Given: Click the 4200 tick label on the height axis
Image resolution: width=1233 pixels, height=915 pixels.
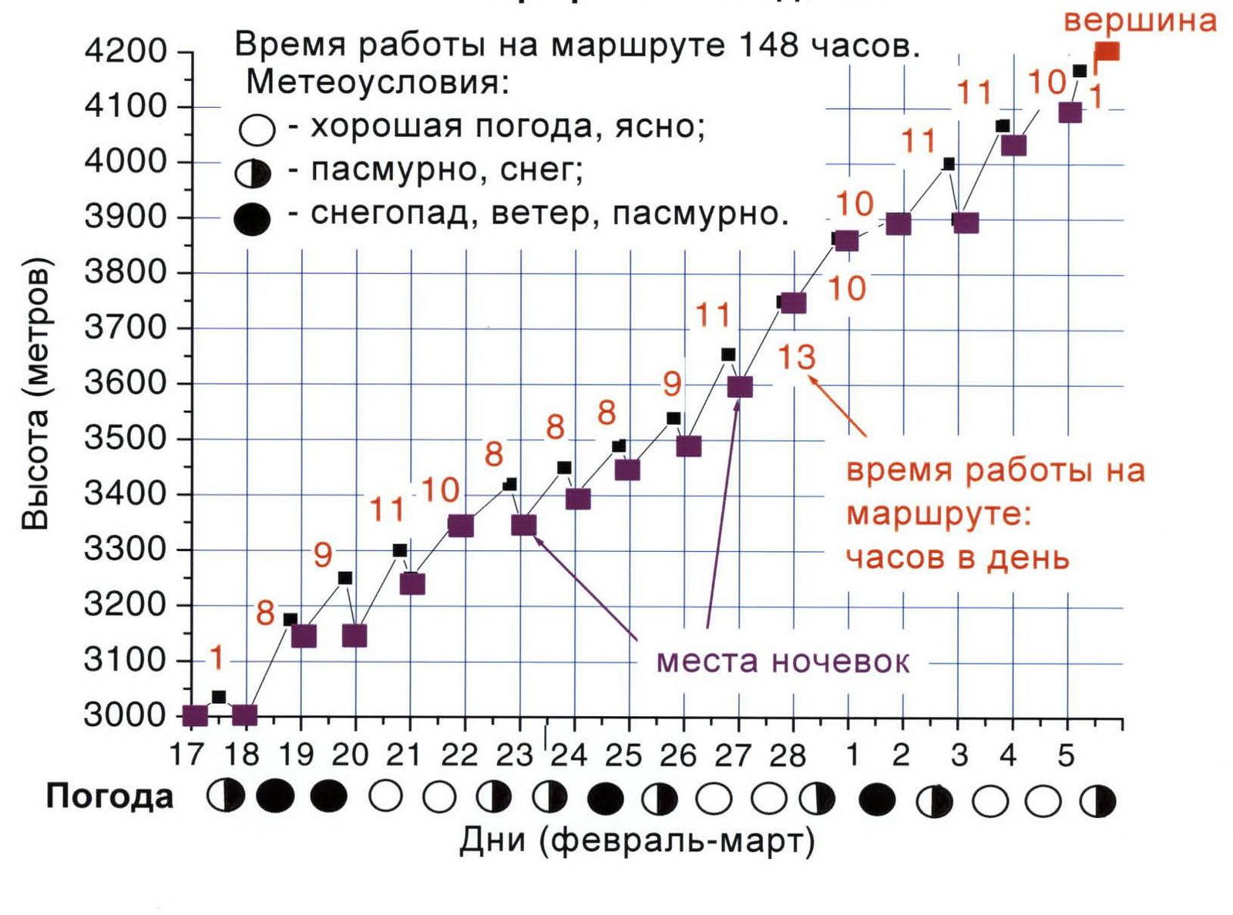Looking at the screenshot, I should point(125,51).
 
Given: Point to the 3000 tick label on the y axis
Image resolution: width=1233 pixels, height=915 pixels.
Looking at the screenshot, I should point(125,715).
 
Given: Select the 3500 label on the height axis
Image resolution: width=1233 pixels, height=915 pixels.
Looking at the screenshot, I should point(125,438).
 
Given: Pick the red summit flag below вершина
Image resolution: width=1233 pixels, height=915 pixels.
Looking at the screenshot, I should point(1107,52).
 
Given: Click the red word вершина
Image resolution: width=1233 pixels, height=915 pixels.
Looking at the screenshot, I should point(1140,20).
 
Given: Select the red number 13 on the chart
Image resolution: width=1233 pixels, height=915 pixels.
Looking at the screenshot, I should point(796,358).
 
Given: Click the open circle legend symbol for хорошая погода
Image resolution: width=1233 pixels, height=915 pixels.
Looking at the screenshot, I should point(257,130).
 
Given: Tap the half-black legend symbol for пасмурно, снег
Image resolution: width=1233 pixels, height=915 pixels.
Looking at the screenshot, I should point(254,173).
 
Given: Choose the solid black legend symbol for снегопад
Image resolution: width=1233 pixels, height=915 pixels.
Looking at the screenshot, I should point(252,219).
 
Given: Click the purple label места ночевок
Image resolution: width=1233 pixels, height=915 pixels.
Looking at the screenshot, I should point(782,661).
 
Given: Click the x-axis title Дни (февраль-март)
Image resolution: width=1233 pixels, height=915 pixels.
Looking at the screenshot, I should point(637,841).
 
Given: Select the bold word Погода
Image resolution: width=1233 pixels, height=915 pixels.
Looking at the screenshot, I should point(109,797).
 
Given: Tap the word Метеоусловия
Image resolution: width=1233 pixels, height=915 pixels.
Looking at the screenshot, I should point(378,82).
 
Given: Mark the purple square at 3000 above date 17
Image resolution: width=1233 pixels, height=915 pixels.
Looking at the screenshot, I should point(196,715).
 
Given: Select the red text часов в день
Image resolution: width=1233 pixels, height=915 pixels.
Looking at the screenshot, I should point(957,557).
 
